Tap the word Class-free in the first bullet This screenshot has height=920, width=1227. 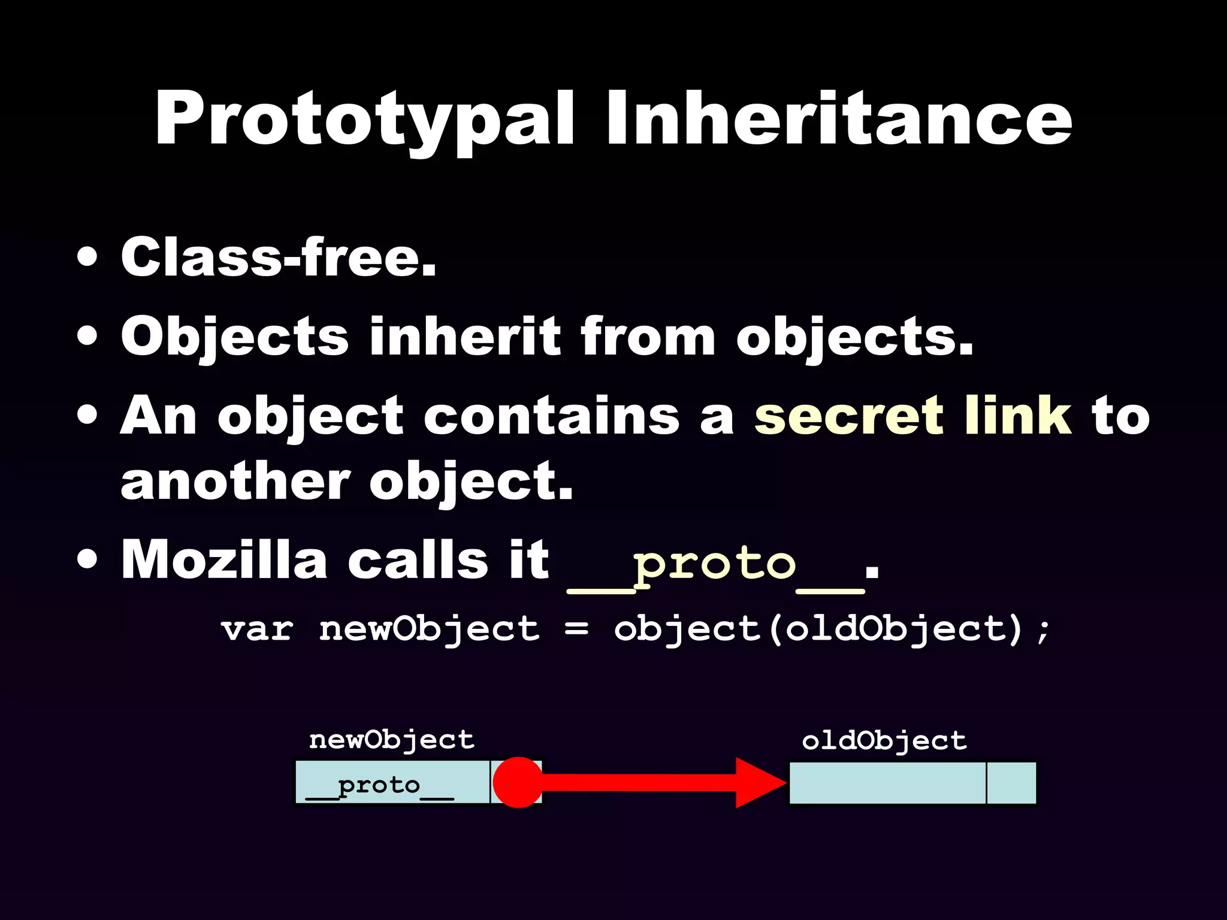tap(279, 258)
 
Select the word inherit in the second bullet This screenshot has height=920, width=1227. tap(466, 337)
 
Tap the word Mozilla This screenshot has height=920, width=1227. tap(223, 560)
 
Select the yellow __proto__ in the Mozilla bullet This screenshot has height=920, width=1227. tap(715, 566)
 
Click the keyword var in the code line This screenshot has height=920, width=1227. tap(257, 630)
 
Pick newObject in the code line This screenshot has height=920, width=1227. tap(429, 630)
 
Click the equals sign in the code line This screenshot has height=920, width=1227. tap(576, 630)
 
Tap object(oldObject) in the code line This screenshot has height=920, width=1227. tap(818, 630)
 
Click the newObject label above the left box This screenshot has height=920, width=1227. tap(392, 740)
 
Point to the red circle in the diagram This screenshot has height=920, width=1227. tap(518, 782)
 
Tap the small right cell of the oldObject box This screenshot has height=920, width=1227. tap(1011, 783)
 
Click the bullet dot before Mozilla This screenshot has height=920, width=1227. tap(87, 560)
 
